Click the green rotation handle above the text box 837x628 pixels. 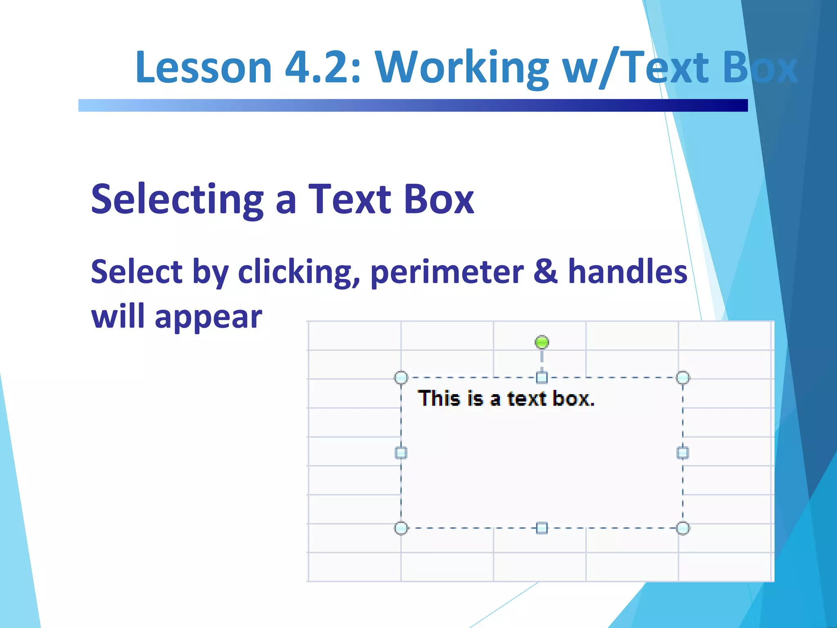coord(542,342)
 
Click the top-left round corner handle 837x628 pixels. coord(401,377)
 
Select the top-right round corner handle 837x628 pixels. coord(683,377)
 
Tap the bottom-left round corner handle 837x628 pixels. coord(401,528)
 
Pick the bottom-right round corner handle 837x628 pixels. coord(683,528)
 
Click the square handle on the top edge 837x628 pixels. coord(542,377)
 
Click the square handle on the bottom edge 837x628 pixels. coord(542,528)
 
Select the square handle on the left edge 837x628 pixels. coord(401,453)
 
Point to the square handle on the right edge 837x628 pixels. coord(683,453)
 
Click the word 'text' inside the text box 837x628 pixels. coord(527,399)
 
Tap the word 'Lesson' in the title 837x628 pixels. coord(204,67)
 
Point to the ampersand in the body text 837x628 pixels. coord(545,271)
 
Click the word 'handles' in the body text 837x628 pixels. coord(628,271)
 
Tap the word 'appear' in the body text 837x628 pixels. coord(208,318)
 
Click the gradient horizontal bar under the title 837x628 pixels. coord(413,105)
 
